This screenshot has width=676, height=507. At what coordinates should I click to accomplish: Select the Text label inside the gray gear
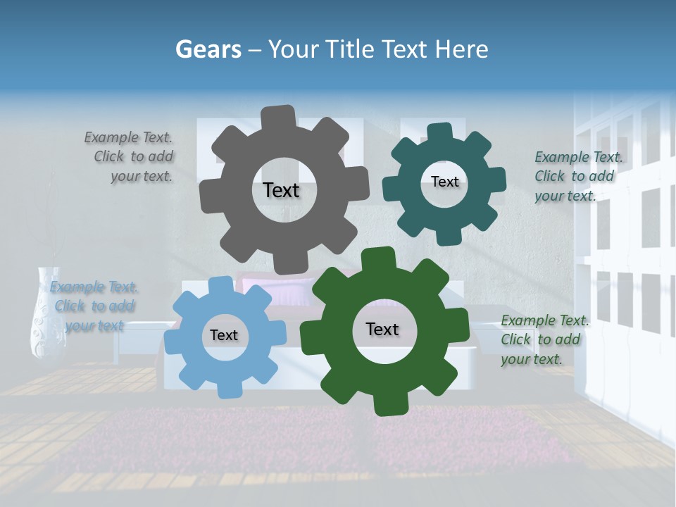coord(281,190)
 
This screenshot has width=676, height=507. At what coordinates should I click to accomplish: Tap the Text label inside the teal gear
coord(444,182)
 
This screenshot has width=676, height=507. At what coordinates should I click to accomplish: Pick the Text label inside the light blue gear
coord(223,335)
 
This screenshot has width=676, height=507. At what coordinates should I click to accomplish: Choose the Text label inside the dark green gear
coord(382,329)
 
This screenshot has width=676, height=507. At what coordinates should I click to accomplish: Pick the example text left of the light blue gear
coord(94,306)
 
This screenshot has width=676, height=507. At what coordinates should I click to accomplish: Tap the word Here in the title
coord(462,49)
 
